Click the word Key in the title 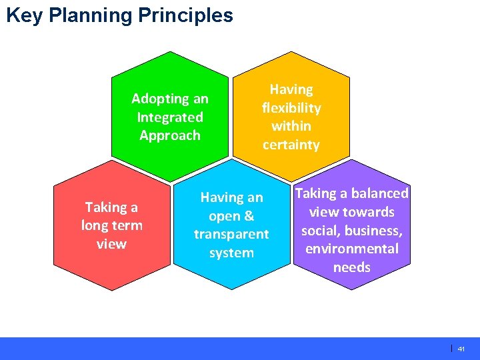pyautogui.click(x=23, y=15)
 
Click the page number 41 pyautogui.click(x=461, y=349)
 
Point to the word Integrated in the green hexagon pyautogui.click(x=170, y=117)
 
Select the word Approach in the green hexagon pyautogui.click(x=170, y=135)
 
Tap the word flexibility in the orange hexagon pyautogui.click(x=291, y=108)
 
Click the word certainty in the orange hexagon pyautogui.click(x=291, y=145)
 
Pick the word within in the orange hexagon pyautogui.click(x=291, y=126)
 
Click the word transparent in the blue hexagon pyautogui.click(x=231, y=235)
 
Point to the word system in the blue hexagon pyautogui.click(x=231, y=253)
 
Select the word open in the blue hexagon pyautogui.click(x=223, y=216)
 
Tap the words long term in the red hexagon pyautogui.click(x=111, y=225)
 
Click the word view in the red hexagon pyautogui.click(x=111, y=244)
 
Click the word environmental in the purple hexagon pyautogui.click(x=351, y=249)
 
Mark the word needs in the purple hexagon pyautogui.click(x=351, y=267)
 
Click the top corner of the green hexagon pyautogui.click(x=171, y=52)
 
